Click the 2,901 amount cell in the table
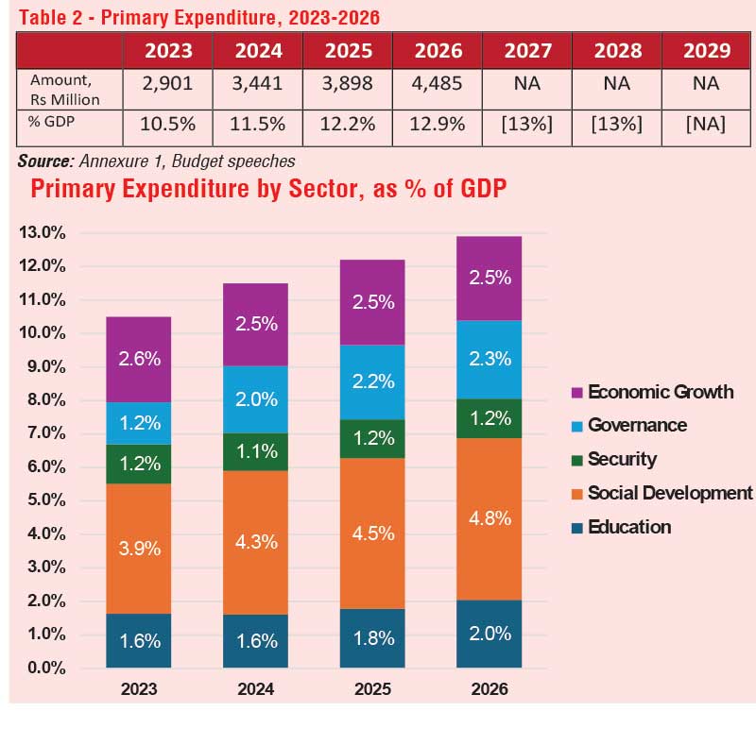coord(167,83)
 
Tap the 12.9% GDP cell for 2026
coord(437,123)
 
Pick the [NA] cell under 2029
coord(705,123)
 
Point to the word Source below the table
coord(45,161)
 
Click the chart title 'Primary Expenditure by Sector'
coord(268,189)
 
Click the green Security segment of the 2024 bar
coord(256,451)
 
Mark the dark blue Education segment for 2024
coord(256,641)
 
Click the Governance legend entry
coord(637,425)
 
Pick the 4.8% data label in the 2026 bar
coord(490,518)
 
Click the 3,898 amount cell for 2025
coord(347,83)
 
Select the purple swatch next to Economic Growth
coord(577,392)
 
